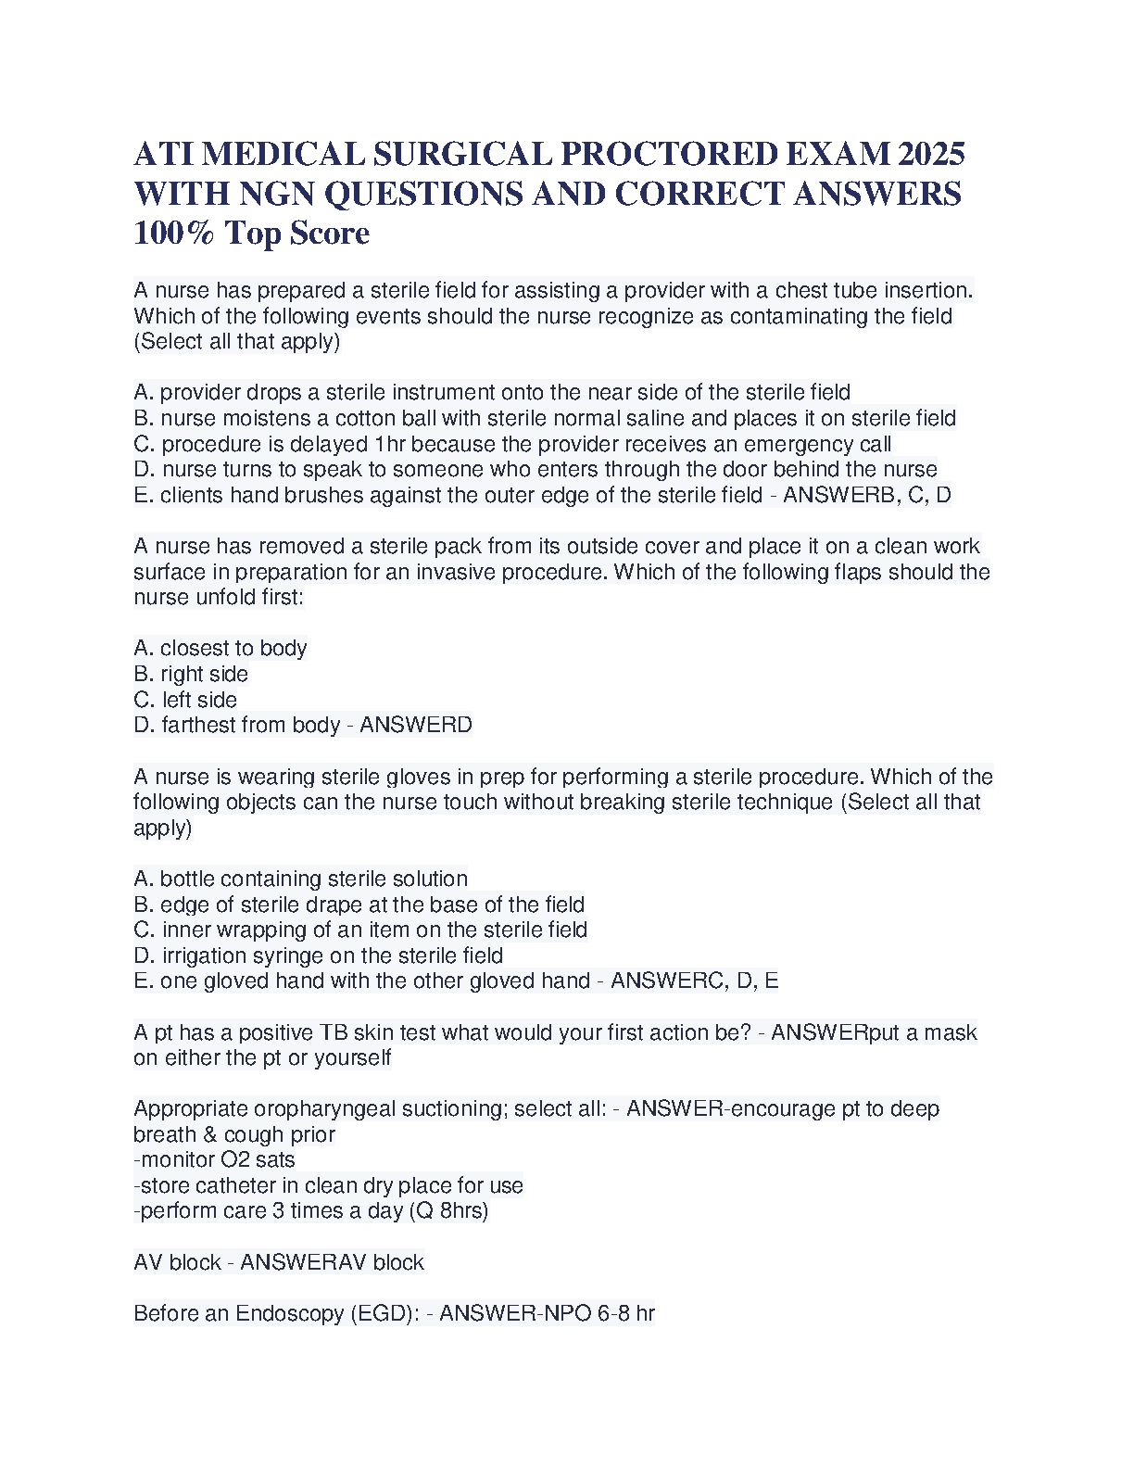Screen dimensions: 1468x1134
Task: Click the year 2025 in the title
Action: [931, 154]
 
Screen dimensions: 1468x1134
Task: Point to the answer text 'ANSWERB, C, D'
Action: [866, 495]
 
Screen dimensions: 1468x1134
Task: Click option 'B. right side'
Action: [191, 674]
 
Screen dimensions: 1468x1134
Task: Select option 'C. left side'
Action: [185, 700]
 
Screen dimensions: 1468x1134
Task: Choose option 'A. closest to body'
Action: [220, 648]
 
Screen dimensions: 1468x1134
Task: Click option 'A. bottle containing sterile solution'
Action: [301, 879]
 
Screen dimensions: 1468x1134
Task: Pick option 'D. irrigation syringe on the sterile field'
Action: [319, 955]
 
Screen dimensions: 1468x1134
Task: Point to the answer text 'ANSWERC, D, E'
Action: [694, 981]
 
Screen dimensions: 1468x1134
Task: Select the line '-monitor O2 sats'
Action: [214, 1159]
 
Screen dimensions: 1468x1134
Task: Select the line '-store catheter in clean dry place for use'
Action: [328, 1185]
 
